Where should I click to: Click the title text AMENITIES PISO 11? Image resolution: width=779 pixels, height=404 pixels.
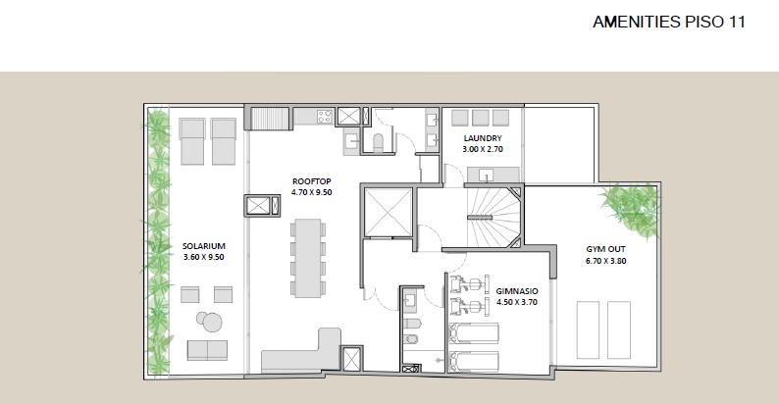(669, 22)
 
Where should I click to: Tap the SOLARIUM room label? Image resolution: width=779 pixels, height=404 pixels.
(204, 246)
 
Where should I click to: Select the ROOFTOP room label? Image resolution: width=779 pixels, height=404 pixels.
(311, 181)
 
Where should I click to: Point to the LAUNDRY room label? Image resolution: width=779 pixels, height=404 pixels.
(483, 138)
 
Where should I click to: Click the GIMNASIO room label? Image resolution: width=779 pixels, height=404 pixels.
(517, 291)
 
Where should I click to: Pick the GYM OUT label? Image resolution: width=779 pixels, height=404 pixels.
(605, 249)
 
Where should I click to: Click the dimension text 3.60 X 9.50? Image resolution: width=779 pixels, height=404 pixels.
(204, 257)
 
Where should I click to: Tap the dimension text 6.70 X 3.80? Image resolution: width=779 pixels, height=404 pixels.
(605, 261)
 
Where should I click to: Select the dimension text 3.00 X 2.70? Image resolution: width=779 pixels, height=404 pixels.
(483, 149)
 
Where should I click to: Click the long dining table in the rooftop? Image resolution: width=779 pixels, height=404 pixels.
(308, 258)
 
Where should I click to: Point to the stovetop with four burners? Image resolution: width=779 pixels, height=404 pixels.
(325, 117)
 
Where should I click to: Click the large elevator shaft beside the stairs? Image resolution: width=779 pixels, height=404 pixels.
(388, 213)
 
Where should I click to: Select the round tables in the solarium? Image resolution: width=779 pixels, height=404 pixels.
(210, 321)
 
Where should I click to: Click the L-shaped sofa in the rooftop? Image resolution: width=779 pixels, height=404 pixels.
(301, 351)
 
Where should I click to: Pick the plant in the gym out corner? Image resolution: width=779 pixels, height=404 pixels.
(630, 209)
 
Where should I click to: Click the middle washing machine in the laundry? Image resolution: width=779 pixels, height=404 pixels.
(481, 118)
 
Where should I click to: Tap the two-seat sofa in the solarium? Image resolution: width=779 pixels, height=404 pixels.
(207, 350)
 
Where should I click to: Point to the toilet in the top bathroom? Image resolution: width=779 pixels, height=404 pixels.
(378, 142)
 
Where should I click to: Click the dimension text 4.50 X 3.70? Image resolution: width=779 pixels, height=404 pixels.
(517, 302)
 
